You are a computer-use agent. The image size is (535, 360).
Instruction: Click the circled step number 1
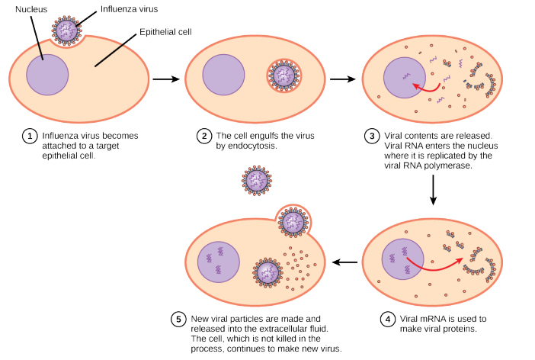click(x=30, y=137)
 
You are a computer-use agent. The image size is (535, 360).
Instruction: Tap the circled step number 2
click(x=203, y=137)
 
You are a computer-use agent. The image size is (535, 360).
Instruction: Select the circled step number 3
click(x=372, y=137)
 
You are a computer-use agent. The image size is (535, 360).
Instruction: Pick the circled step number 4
click(x=388, y=320)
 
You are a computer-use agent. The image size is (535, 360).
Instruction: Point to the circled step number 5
click(x=178, y=320)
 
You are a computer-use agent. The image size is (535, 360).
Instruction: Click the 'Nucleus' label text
click(x=31, y=8)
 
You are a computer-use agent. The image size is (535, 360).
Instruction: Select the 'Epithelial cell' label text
click(x=165, y=32)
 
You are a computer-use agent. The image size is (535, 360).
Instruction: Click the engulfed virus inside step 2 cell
click(x=285, y=76)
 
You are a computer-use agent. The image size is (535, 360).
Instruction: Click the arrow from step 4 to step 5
click(x=347, y=262)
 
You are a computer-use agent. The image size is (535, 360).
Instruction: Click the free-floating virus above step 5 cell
click(x=257, y=181)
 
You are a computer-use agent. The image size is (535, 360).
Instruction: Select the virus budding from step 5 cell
click(x=293, y=222)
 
